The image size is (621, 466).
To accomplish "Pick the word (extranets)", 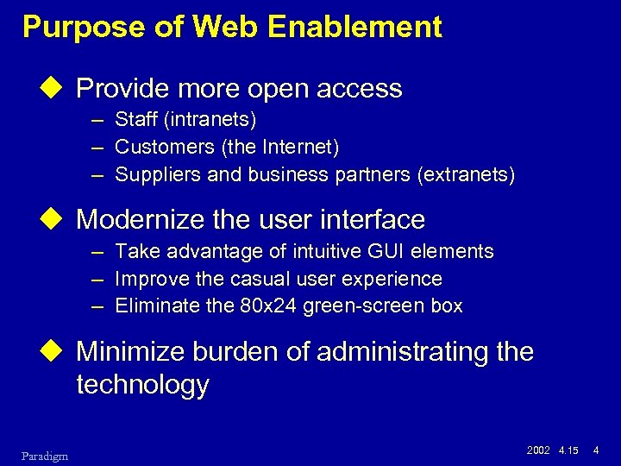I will [x=466, y=175].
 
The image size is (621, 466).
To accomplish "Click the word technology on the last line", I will [x=142, y=384].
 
